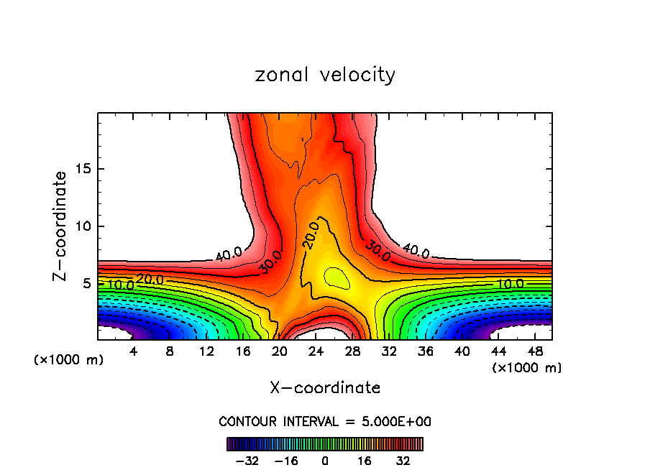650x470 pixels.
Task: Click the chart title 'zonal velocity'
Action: [x=325, y=75]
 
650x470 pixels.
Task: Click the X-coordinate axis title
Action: [x=325, y=388]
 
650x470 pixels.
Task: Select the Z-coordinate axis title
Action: [x=60, y=226]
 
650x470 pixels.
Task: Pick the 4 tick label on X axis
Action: [x=133, y=351]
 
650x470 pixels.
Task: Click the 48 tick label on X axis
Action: [x=535, y=351]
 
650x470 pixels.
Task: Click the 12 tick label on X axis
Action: [x=206, y=351]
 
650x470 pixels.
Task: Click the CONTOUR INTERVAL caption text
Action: [x=325, y=421]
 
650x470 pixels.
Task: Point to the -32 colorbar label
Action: [x=247, y=461]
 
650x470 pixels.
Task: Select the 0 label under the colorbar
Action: [x=325, y=461]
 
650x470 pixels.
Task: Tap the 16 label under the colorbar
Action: [x=365, y=461]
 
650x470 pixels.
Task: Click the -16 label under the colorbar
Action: [x=286, y=461]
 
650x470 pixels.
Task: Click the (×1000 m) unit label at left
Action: [x=69, y=360]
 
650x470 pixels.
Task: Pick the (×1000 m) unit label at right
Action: [x=527, y=368]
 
